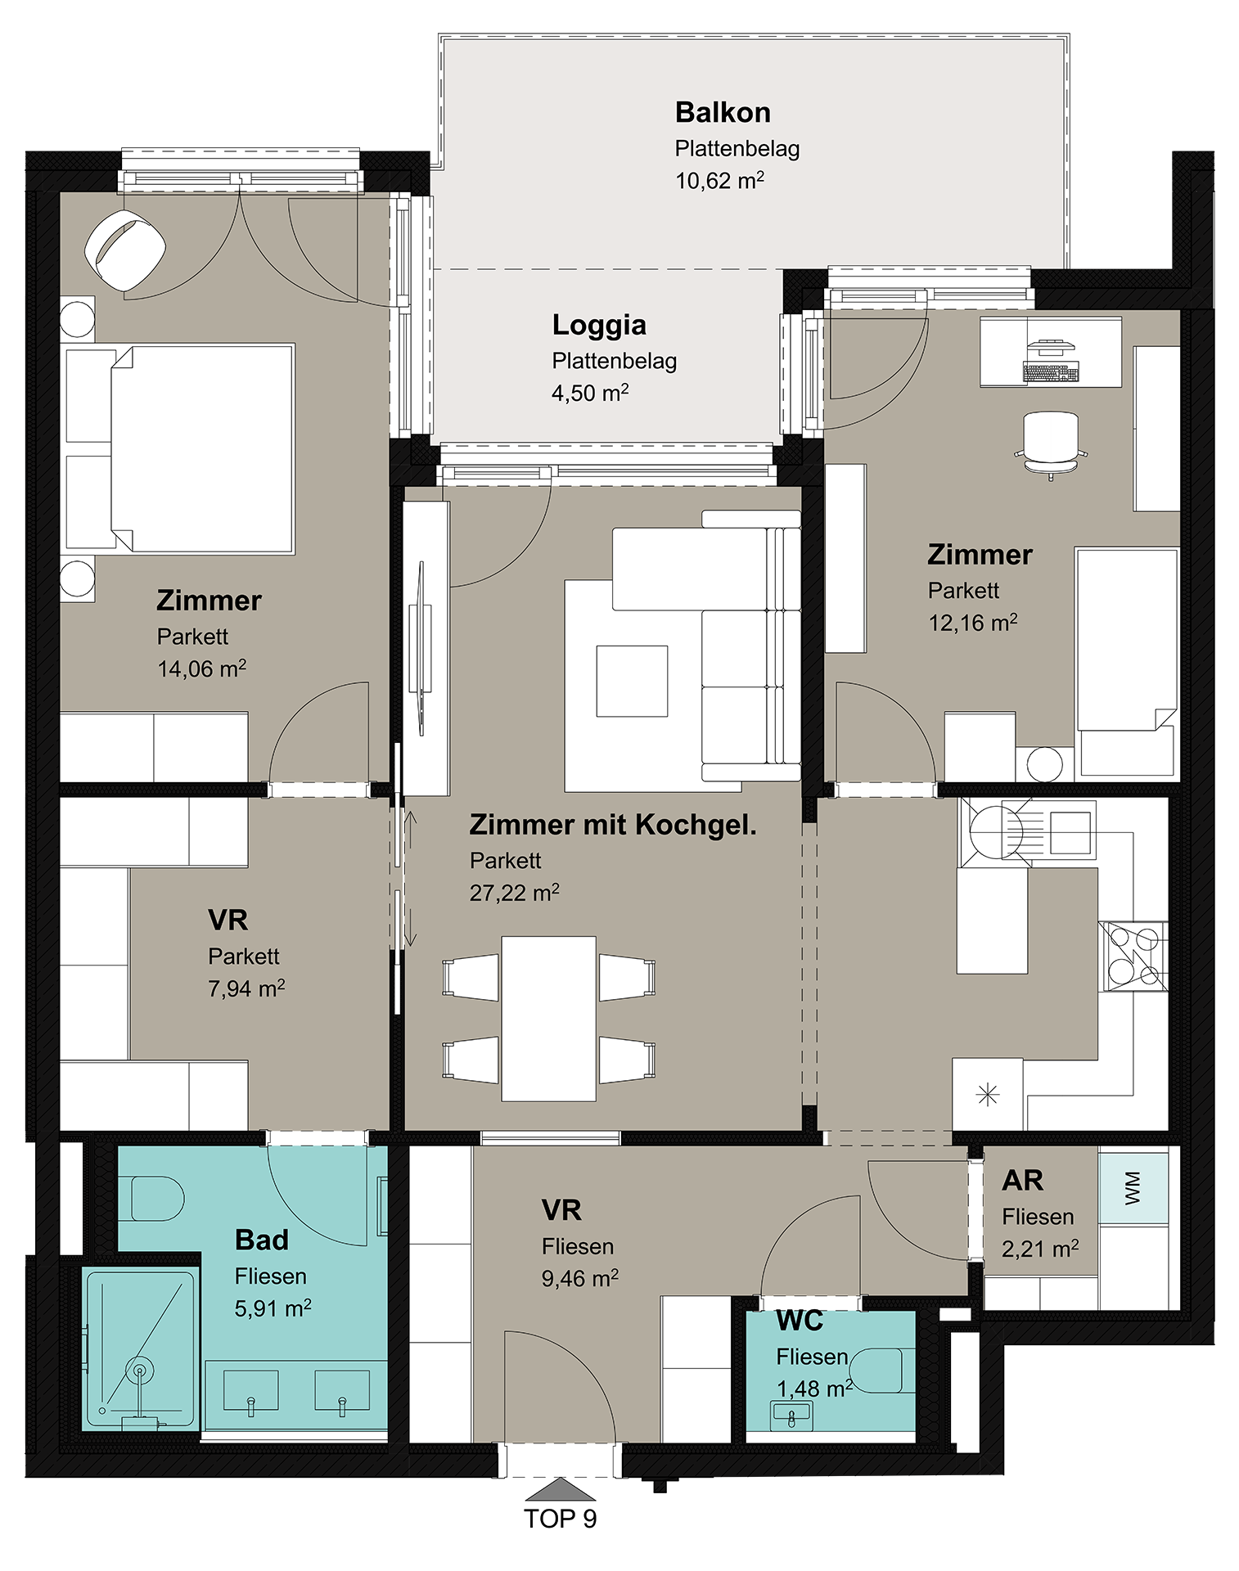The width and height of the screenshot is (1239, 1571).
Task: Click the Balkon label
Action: (x=723, y=112)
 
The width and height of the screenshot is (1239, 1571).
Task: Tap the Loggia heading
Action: (x=599, y=326)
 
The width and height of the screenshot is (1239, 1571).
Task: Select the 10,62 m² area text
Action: (x=719, y=180)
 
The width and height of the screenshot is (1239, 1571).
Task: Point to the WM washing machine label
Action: (x=1133, y=1187)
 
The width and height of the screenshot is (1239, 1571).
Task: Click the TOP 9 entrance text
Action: (x=560, y=1519)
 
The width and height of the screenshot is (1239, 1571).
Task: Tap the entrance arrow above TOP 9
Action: (x=560, y=1488)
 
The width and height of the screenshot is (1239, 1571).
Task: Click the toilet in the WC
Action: (x=876, y=1371)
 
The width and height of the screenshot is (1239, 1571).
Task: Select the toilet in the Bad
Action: (x=158, y=1199)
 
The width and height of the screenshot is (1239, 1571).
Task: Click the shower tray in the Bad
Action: (x=140, y=1350)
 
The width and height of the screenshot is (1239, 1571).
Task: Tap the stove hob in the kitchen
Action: (x=1133, y=956)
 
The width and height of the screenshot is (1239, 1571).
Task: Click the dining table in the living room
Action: (x=548, y=1019)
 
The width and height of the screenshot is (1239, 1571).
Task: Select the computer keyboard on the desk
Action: (x=1051, y=371)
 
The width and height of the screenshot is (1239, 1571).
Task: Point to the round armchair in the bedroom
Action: (x=125, y=249)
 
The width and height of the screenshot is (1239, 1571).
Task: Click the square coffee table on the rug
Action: (x=632, y=681)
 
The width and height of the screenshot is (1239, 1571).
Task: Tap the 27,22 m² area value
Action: (x=514, y=893)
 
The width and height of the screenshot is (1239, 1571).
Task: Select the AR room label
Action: (x=1022, y=1180)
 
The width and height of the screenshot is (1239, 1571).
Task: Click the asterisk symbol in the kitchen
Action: (x=988, y=1094)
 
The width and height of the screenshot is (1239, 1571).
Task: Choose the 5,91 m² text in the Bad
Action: (x=273, y=1308)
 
